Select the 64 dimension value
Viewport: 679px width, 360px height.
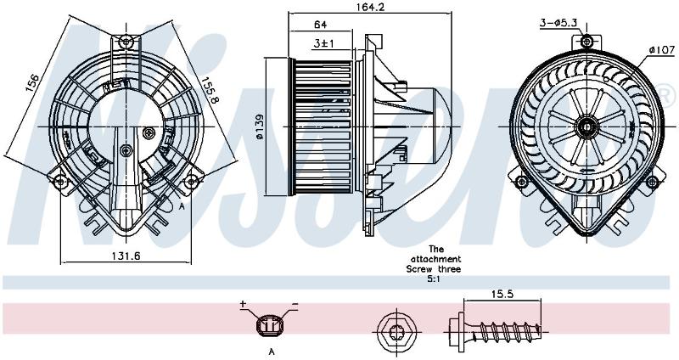320,25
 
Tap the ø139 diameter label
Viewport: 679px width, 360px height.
260,127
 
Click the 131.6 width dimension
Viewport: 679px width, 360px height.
126,256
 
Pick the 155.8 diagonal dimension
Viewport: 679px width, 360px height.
210,90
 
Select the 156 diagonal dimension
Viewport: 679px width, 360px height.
32,82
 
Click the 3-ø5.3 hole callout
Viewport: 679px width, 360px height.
558,23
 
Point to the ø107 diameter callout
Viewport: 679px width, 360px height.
662,50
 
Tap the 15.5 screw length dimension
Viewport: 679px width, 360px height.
502,294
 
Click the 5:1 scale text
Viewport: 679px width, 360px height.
434,279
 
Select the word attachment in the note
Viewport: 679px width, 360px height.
435,259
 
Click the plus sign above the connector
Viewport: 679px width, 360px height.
243,304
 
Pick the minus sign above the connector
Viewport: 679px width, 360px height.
295,304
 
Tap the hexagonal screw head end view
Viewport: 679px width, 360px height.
396,333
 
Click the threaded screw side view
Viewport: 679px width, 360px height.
494,332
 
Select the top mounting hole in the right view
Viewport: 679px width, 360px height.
586,42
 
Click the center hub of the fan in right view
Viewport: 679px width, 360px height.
586,127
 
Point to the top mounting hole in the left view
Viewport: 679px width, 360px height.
126,42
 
